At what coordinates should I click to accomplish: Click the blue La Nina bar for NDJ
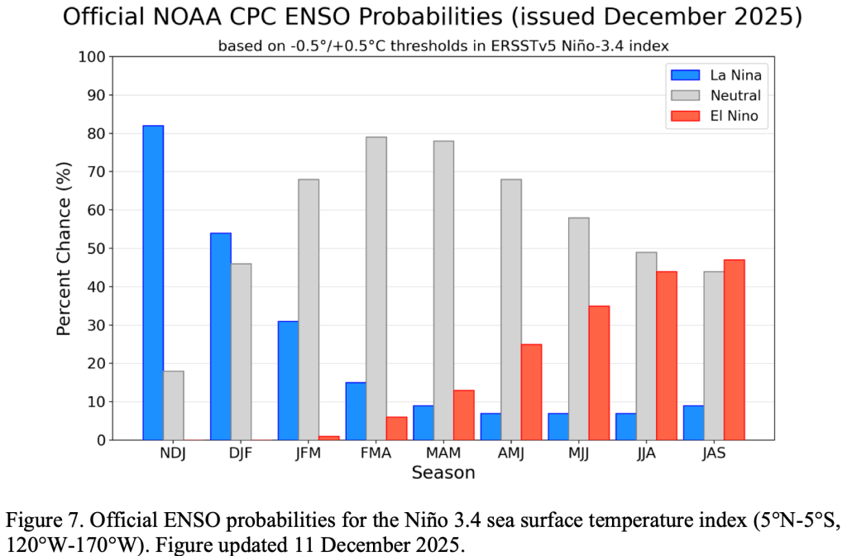153,282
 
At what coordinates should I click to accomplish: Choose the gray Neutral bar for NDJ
174,405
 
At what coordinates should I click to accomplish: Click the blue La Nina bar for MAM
423,422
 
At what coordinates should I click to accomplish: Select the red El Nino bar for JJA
667,355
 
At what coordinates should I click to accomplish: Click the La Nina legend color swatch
681,74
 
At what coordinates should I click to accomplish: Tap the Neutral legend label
735,95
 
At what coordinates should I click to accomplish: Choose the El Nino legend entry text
735,116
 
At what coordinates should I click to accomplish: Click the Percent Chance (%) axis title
65,248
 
